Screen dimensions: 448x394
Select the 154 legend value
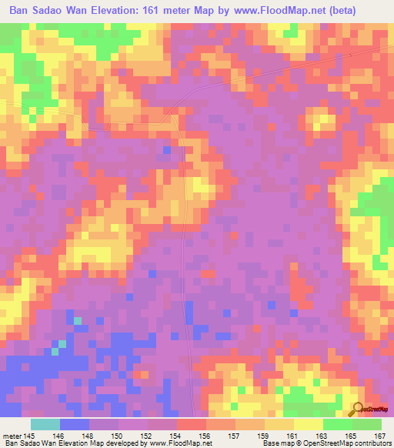click(176, 437)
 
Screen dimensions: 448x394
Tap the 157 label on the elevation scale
click(235, 437)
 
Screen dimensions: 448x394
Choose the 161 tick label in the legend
click(293, 437)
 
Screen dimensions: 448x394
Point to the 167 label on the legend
click(380, 437)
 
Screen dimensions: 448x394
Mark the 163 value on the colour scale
click(322, 437)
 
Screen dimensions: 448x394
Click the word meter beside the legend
click(12, 437)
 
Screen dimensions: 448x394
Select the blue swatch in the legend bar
click(75, 424)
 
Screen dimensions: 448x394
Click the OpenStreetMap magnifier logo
click(358, 410)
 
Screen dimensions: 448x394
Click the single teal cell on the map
click(77, 319)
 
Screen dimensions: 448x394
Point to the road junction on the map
click(180, 119)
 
